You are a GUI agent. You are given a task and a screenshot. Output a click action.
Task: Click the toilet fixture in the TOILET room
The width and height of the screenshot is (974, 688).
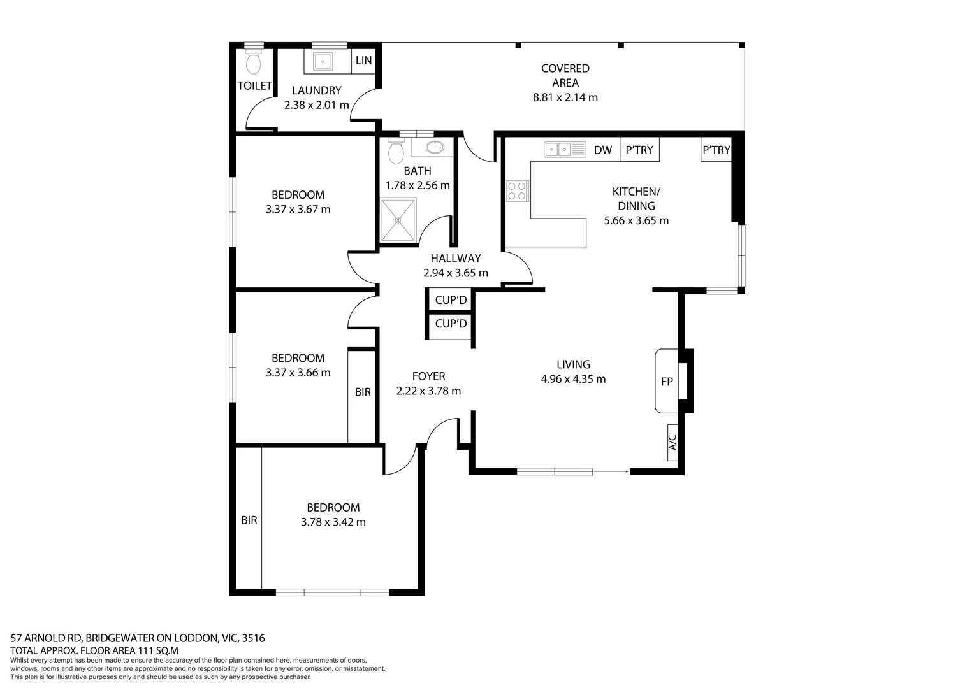(x=254, y=62)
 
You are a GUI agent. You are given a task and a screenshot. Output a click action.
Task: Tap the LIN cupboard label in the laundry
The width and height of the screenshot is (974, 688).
(x=364, y=61)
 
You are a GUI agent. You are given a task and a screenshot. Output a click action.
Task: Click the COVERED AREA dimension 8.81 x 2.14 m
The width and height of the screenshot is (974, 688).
(x=565, y=97)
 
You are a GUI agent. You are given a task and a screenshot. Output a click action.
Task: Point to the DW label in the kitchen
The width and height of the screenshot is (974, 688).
(x=602, y=150)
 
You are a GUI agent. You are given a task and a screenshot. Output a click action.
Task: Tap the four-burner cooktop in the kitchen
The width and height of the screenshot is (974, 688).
(x=518, y=191)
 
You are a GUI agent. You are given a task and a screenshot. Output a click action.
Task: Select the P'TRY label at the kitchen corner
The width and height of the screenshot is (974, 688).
(x=716, y=150)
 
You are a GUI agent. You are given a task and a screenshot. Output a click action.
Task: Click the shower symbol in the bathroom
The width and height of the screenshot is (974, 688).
(x=398, y=220)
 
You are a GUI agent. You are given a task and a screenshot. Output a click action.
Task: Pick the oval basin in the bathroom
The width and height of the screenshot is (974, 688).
(x=435, y=148)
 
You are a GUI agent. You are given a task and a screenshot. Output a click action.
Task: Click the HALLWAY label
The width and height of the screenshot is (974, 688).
(x=455, y=258)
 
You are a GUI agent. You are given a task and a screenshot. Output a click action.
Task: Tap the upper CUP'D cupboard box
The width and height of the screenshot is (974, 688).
(x=451, y=300)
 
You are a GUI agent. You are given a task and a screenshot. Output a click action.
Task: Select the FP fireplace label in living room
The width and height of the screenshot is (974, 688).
(x=667, y=382)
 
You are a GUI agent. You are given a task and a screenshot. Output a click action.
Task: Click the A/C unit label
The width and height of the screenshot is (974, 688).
(x=672, y=442)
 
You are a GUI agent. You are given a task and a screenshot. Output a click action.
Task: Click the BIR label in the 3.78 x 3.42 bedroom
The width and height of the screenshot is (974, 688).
(x=249, y=520)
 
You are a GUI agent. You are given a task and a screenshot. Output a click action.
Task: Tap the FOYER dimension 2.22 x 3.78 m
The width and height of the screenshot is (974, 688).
(x=428, y=391)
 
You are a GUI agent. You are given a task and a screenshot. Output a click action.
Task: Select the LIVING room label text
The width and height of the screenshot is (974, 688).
(x=573, y=364)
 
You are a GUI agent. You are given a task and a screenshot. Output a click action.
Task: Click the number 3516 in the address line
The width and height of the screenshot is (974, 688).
(x=253, y=638)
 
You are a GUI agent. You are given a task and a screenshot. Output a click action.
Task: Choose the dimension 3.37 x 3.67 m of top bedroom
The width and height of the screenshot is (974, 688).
(x=298, y=209)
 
